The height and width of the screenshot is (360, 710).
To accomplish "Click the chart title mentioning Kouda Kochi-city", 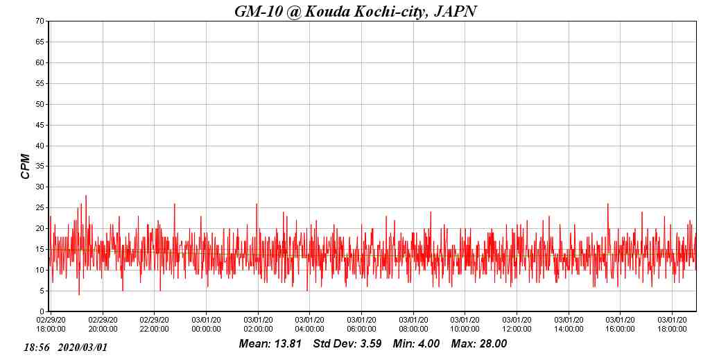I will [x=355, y=11].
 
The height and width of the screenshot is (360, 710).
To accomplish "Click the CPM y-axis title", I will [x=26, y=166].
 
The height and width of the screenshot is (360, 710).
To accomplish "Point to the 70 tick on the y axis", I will [x=40, y=22].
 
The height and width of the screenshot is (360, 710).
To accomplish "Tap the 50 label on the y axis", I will [x=40, y=105].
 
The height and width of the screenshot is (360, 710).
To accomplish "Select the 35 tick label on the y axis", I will [x=40, y=166].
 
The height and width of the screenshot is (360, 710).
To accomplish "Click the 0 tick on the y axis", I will [x=42, y=311].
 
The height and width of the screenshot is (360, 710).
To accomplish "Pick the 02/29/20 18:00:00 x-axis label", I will [x=51, y=324].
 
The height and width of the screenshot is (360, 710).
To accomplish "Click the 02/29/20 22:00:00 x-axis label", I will [x=154, y=324].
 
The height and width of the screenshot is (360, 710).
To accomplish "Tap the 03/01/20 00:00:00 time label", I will [x=206, y=324].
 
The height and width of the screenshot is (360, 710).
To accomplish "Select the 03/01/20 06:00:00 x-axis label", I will [x=361, y=324].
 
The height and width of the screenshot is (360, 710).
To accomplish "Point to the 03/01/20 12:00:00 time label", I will [x=517, y=324].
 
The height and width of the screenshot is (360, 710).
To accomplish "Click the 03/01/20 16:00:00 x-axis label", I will [x=620, y=324].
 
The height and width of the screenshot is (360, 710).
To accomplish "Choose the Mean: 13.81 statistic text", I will [x=270, y=344].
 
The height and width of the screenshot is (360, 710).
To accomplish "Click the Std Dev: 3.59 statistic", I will [x=347, y=344].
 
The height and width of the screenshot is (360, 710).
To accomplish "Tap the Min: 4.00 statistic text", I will [x=416, y=344].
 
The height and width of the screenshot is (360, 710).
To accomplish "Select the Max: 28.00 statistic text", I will [x=479, y=344].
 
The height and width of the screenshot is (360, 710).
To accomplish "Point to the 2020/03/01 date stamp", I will [x=83, y=347].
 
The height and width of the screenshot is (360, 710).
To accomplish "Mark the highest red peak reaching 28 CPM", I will [x=86, y=196].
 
